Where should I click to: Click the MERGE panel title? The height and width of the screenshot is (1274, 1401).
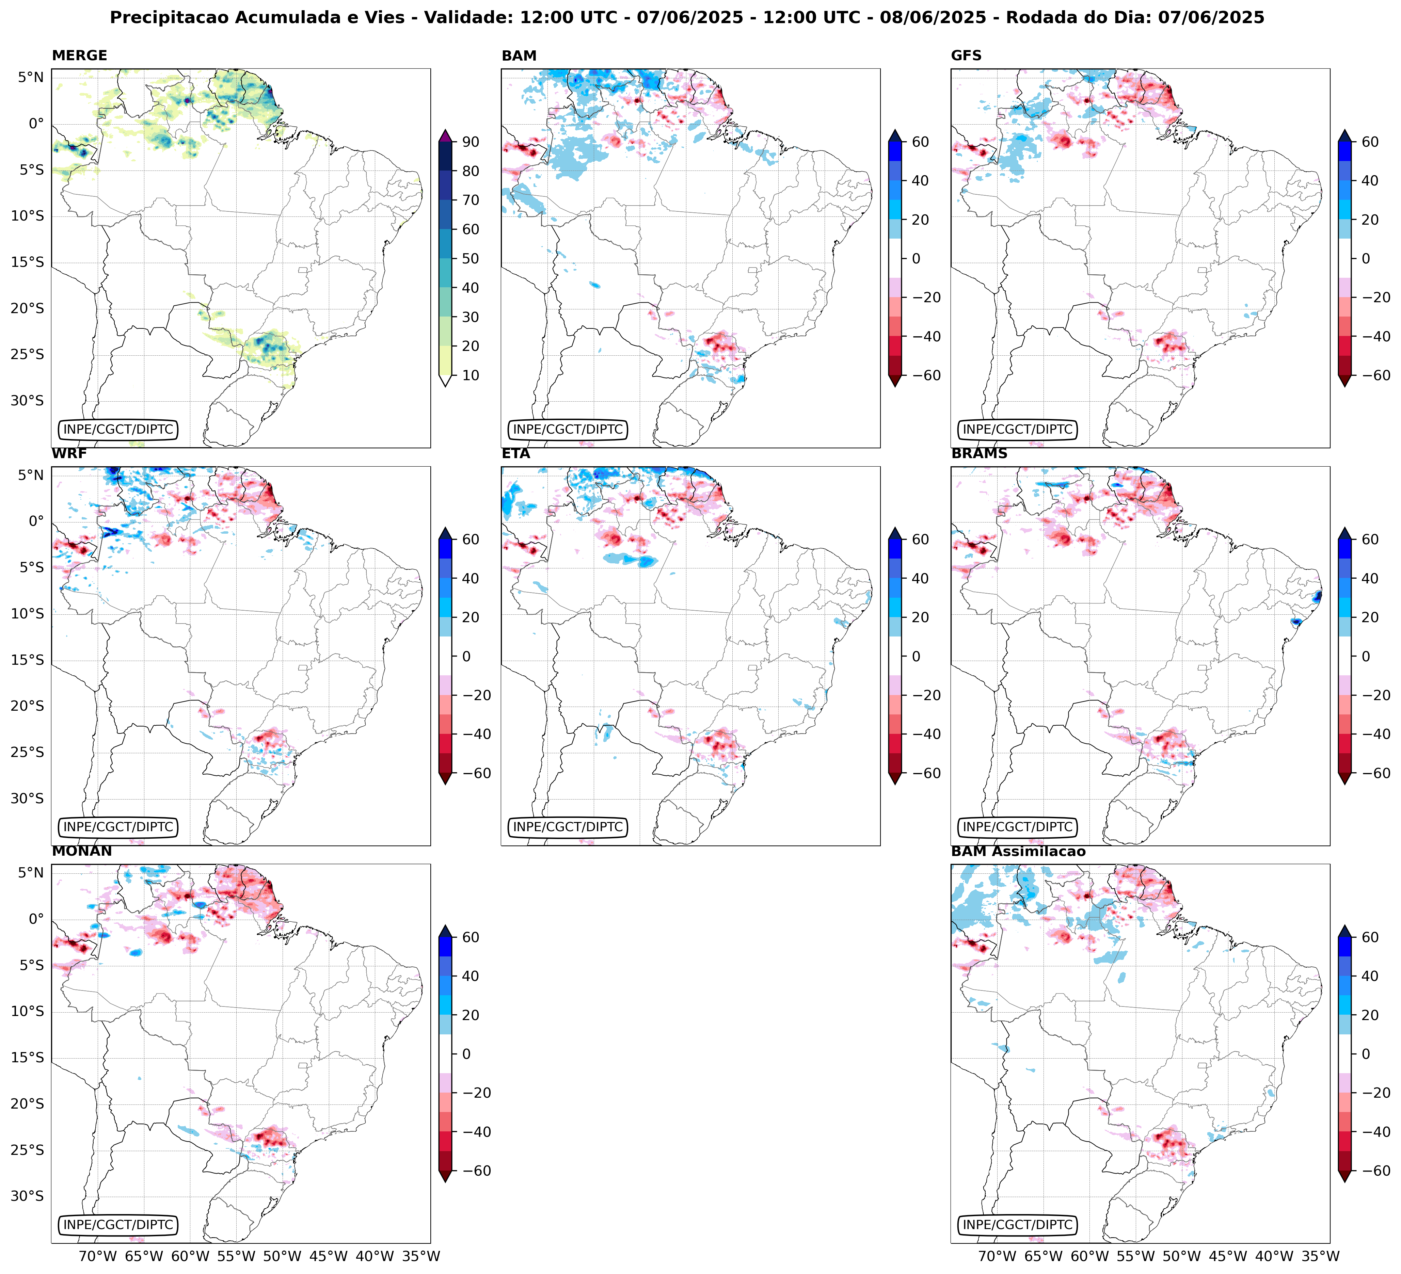[x=79, y=55]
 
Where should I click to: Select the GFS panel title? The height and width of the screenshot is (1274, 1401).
[x=966, y=55]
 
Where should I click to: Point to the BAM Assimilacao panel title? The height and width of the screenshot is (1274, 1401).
[x=1018, y=852]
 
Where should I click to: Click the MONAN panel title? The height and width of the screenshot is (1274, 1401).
[x=81, y=852]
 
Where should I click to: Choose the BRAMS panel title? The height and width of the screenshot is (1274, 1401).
[x=979, y=454]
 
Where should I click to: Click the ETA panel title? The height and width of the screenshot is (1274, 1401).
[x=516, y=454]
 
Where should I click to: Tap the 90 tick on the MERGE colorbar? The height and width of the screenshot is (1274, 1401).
[x=471, y=142]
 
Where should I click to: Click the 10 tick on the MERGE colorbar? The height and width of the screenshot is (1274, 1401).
[x=471, y=375]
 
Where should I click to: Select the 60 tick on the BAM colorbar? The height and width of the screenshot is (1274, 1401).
[x=920, y=142]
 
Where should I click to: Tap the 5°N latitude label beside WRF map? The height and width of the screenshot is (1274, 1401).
[x=31, y=475]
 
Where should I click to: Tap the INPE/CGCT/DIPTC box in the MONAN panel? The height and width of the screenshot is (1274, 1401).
[x=118, y=1225]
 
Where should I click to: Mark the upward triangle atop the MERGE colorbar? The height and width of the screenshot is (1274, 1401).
[x=445, y=135]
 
